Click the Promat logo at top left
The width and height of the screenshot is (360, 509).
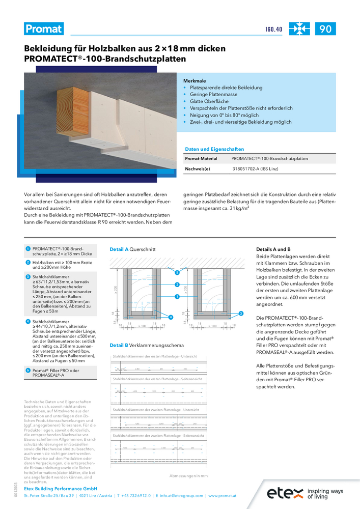(44, 29)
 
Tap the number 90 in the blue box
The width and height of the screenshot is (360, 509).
(325, 29)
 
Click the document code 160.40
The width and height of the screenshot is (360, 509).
(274, 30)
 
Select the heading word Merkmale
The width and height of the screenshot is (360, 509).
(195, 81)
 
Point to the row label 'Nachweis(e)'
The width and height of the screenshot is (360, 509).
(197, 168)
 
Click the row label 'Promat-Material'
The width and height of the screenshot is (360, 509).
(201, 159)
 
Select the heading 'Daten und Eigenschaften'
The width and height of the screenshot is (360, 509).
(214, 149)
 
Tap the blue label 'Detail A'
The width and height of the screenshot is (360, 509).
(119, 249)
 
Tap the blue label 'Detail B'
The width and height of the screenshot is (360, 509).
(119, 345)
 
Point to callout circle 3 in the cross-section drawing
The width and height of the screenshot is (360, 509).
(241, 313)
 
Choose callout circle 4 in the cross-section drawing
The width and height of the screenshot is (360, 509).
(170, 317)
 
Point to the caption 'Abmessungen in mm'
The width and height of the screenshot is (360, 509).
(188, 476)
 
